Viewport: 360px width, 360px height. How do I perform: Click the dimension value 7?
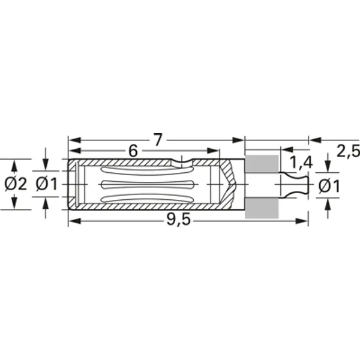[x=157, y=140]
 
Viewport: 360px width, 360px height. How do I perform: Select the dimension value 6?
[x=133, y=151]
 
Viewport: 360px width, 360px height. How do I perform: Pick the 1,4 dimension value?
[x=301, y=161]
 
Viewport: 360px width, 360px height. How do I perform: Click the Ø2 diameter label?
[x=15, y=185]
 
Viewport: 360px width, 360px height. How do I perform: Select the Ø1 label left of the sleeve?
[x=46, y=185]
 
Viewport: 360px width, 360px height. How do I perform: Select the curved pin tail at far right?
[x=296, y=184]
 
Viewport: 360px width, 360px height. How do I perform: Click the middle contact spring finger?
[x=147, y=184]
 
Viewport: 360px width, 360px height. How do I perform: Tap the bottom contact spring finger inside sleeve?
[x=147, y=197]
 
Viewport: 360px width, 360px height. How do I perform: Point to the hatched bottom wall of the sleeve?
[x=150, y=206]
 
